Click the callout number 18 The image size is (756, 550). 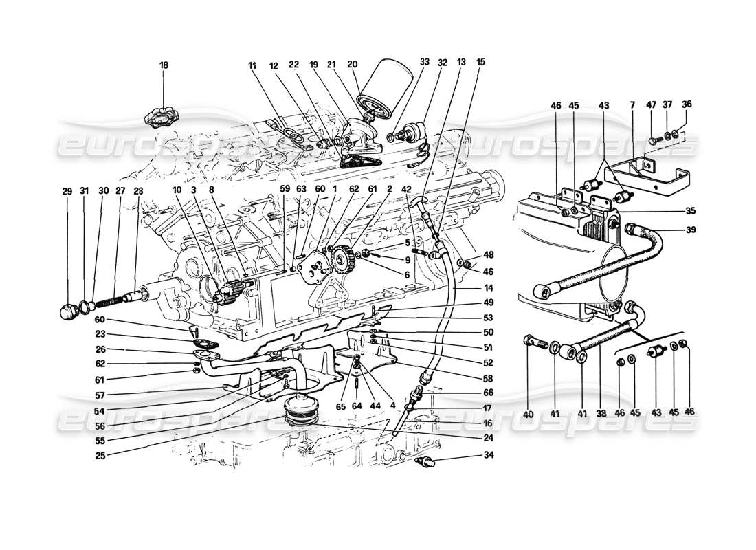[x=164, y=65]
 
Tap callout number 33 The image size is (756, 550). [x=424, y=62]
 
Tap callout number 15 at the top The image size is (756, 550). [x=480, y=62]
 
